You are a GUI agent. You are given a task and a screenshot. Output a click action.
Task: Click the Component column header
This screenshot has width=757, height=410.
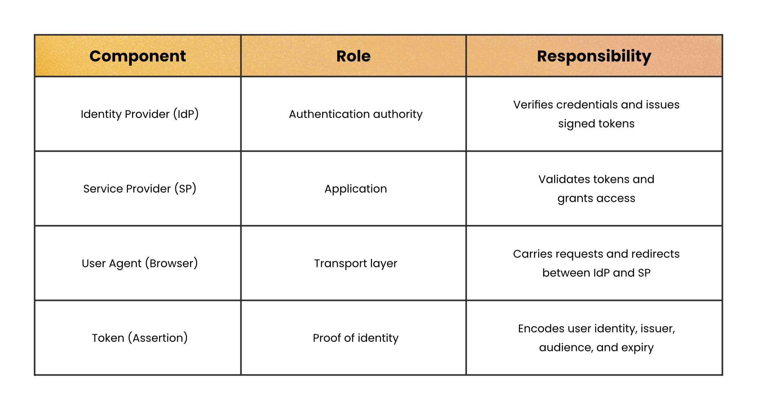pos(137,56)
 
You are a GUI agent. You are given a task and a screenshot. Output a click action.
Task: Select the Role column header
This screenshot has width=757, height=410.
pos(354,56)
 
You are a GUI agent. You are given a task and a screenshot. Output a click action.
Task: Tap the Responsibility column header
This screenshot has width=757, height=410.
pos(594,56)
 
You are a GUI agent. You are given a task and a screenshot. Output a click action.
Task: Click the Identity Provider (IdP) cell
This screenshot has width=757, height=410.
pos(140,114)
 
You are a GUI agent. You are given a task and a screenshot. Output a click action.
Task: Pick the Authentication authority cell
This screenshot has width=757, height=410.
pos(355,114)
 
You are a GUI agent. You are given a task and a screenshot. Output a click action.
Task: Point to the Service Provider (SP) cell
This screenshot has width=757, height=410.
pos(140,189)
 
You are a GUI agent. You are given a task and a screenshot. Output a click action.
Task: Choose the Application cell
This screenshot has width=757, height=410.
pos(355,189)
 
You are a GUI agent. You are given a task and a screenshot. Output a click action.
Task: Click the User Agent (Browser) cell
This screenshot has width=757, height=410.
pos(140,263)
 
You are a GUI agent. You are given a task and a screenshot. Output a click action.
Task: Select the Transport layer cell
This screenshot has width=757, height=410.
pos(355,263)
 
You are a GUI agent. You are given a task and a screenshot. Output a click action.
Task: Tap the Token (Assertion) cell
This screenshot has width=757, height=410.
pos(140,338)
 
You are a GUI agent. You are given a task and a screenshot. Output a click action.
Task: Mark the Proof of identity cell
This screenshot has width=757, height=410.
pos(355,338)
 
